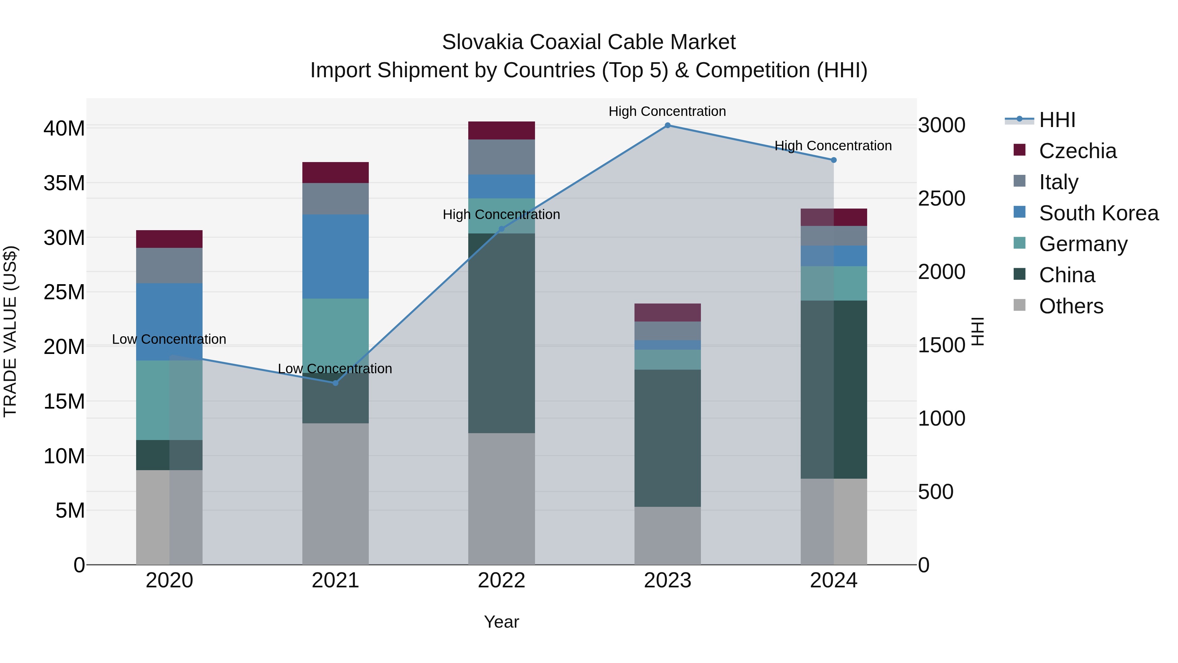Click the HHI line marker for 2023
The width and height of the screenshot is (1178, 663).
pyautogui.click(x=667, y=125)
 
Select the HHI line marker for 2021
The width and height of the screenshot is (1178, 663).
pyautogui.click(x=335, y=383)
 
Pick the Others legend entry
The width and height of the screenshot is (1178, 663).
pyautogui.click(x=1071, y=306)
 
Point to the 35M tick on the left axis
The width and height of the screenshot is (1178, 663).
pyautogui.click(x=64, y=183)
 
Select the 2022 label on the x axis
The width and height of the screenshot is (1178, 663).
pyautogui.click(x=501, y=580)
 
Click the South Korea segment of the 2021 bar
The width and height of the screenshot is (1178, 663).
pyautogui.click(x=335, y=256)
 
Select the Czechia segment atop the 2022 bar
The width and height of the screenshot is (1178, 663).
pyautogui.click(x=501, y=130)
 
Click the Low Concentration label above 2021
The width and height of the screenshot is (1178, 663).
pyautogui.click(x=335, y=369)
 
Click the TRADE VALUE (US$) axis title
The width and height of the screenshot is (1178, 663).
pyautogui.click(x=10, y=331)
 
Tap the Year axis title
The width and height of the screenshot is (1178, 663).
pyautogui.click(x=501, y=622)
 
